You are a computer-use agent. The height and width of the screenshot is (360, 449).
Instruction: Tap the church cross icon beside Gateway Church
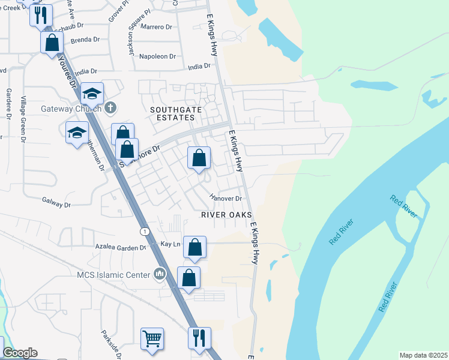pos(110,109)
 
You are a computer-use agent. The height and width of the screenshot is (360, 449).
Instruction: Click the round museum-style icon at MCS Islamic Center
pos(160,275)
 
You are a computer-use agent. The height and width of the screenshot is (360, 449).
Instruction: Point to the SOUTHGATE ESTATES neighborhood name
pos(172,113)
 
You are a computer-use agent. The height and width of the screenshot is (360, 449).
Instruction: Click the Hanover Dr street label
pos(225,198)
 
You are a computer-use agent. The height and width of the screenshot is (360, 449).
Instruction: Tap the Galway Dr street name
pos(56,204)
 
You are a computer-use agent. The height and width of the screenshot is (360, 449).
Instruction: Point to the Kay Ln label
pos(170,244)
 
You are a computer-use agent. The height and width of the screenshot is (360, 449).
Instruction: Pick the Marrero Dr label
pos(156,27)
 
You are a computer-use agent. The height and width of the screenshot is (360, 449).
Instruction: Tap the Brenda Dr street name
pos(85,40)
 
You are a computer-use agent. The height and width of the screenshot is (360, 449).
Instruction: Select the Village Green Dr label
pos(23,119)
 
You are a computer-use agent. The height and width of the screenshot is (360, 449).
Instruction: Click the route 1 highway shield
pos(144,231)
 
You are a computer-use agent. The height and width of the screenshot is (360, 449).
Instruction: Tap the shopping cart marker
pos(152,338)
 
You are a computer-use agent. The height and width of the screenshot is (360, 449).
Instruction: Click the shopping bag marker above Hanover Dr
pos(199,158)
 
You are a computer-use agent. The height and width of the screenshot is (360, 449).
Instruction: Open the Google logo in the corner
pos(20,353)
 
